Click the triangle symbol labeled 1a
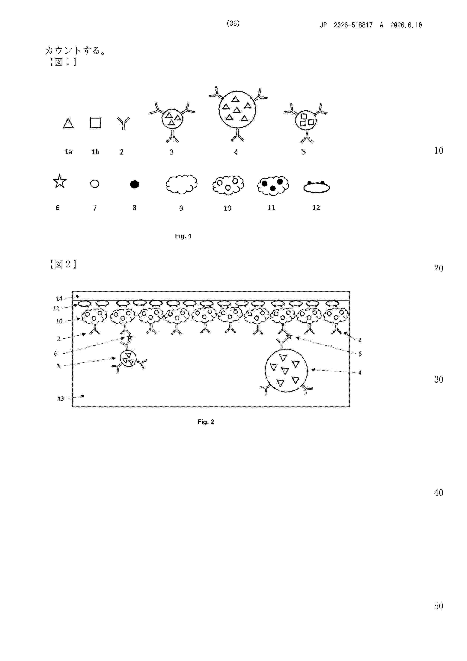[x=68, y=123]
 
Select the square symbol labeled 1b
[x=95, y=123]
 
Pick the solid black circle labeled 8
[x=134, y=184]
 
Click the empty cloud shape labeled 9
[x=182, y=184]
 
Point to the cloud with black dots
[x=273, y=186]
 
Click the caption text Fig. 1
[x=183, y=236]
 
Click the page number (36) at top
[x=233, y=23]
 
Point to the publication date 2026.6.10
[x=406, y=25]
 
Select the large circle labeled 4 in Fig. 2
[x=286, y=370]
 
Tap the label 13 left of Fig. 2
[x=61, y=399]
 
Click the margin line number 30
[x=439, y=379]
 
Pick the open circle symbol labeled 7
[x=95, y=184]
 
